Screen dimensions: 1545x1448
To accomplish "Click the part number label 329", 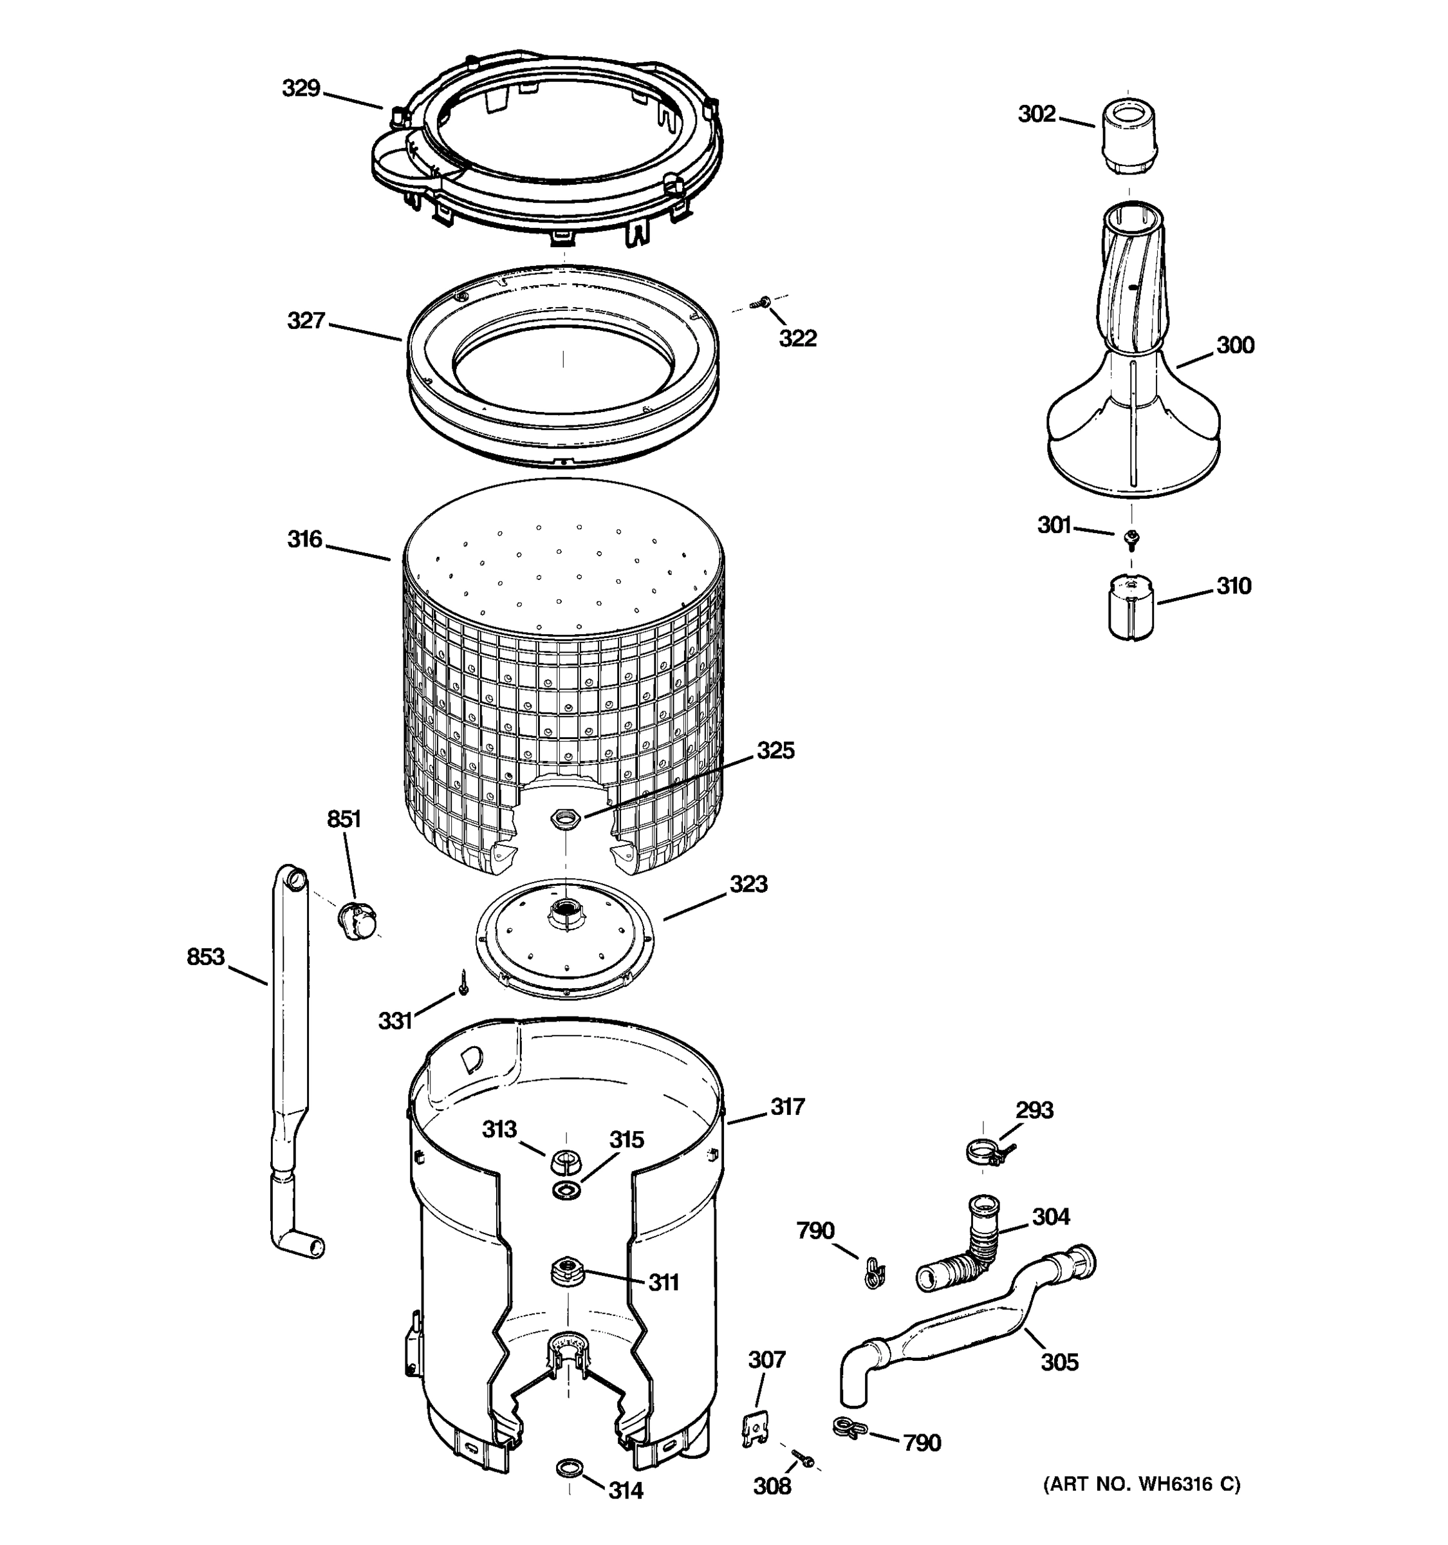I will coord(301,89).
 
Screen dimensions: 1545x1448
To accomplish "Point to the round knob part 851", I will coord(357,921).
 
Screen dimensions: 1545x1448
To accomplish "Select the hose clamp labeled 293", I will coord(985,1150).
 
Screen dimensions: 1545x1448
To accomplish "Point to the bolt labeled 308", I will coord(801,1459).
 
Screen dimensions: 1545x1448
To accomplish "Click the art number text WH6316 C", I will coord(1142,1484).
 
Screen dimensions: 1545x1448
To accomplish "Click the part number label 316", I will coord(304,539).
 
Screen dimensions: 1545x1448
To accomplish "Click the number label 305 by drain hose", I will coord(1059,1362).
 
